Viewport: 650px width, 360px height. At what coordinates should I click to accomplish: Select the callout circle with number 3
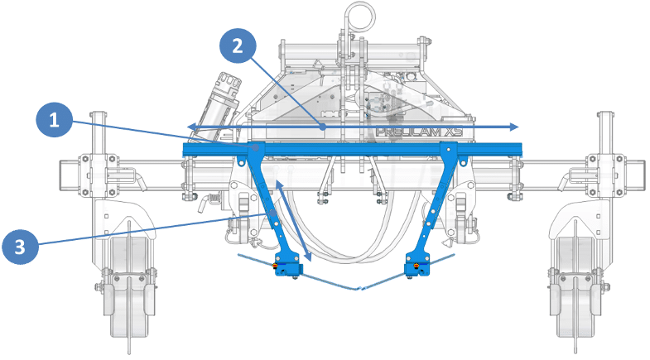coord(21,246)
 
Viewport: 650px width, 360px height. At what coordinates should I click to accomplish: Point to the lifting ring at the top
coord(359,13)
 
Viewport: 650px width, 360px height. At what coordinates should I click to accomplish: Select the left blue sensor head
coord(288,266)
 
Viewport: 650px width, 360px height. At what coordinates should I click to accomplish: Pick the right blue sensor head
coord(418,266)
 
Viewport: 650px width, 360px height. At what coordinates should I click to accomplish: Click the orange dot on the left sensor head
coord(278,266)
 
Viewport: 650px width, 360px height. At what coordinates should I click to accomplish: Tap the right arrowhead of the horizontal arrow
coord(516,127)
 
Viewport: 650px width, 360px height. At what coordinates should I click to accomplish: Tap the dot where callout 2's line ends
coord(322,127)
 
